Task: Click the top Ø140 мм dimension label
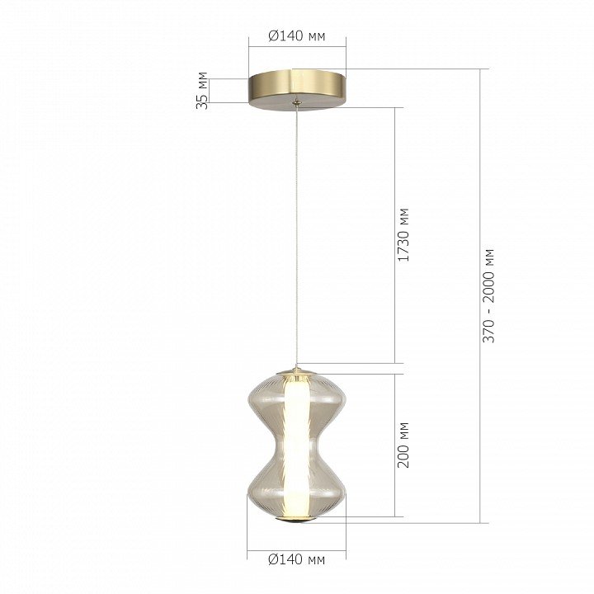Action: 297,36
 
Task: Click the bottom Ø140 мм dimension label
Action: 297,559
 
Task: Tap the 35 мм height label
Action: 202,91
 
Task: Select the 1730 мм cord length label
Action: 403,235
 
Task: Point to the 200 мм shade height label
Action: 403,445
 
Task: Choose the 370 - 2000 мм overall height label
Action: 488,296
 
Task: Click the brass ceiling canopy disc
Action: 297,90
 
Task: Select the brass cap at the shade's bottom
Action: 296,520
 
